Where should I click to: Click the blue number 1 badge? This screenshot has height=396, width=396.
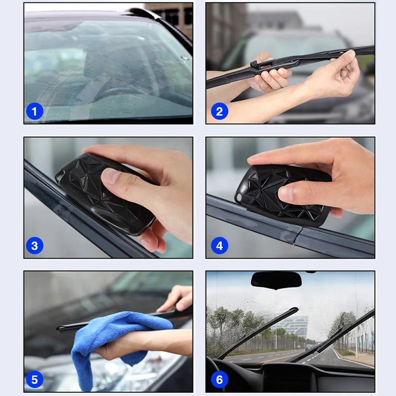[x=34, y=111]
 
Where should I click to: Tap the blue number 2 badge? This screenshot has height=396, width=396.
[x=219, y=111]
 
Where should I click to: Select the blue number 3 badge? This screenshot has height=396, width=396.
[x=34, y=246]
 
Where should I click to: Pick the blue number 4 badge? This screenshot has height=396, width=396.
[x=219, y=246]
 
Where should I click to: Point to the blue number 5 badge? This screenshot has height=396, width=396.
[x=34, y=380]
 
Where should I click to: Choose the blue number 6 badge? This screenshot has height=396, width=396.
[x=219, y=380]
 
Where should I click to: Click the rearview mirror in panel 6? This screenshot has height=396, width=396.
[x=276, y=280]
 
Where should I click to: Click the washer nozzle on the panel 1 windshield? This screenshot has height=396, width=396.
[x=185, y=58]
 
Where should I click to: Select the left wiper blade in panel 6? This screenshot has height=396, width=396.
[x=258, y=333]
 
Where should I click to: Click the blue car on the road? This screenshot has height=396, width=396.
[x=309, y=347]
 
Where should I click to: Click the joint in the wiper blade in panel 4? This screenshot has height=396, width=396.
[x=298, y=234]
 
